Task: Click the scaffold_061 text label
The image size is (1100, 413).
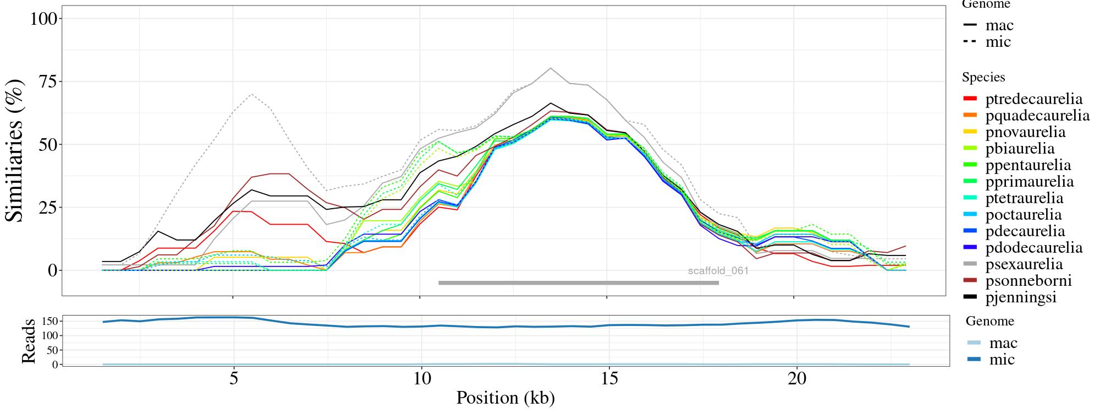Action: [x=718, y=271]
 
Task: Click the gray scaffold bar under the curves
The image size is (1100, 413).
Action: [x=578, y=283]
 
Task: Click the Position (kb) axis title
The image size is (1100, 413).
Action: [x=505, y=398]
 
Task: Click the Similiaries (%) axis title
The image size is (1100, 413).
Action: [x=15, y=150]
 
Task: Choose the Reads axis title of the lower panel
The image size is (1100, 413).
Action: [x=29, y=341]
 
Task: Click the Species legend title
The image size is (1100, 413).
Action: [x=983, y=78]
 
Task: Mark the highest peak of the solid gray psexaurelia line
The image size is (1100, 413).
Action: [x=551, y=68]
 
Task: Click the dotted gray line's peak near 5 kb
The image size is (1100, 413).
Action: [x=251, y=94]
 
